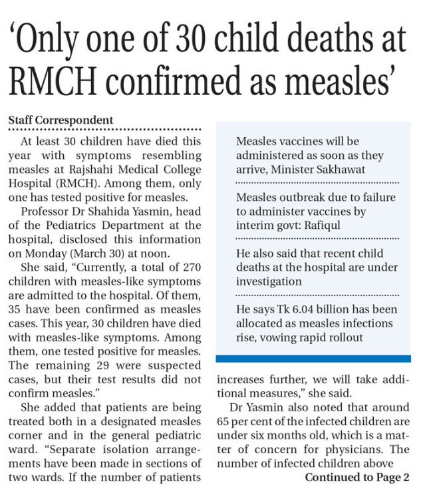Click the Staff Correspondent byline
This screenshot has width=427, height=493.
(61, 120)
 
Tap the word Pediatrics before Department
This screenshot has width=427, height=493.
(69, 226)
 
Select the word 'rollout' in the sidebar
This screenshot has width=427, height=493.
(345, 337)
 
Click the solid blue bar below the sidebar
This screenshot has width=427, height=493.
(313, 359)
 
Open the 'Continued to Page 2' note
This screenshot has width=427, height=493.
(357, 478)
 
